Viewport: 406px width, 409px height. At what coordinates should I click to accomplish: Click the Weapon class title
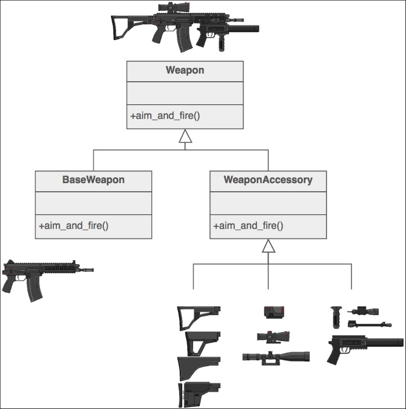click(185, 70)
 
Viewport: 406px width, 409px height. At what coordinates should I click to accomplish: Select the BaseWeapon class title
click(93, 180)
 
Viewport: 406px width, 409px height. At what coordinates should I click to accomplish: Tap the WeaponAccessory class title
click(268, 180)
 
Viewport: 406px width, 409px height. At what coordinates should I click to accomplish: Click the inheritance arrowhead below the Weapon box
click(186, 136)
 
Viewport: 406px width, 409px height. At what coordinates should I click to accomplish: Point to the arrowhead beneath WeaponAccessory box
click(269, 246)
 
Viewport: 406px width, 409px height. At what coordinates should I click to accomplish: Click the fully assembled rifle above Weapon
click(185, 27)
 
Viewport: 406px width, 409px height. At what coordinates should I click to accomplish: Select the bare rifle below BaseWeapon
click(48, 280)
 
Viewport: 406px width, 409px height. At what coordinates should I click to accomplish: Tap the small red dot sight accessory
click(274, 312)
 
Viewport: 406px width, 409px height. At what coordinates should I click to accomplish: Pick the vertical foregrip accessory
click(336, 317)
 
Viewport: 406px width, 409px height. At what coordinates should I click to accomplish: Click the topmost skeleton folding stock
click(199, 318)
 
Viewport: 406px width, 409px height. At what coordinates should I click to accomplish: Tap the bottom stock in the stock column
click(199, 395)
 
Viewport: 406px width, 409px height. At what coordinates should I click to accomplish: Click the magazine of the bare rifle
click(34, 289)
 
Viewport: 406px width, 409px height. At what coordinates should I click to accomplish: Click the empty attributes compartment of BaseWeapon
click(93, 203)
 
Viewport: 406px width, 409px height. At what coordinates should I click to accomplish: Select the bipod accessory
click(369, 325)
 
